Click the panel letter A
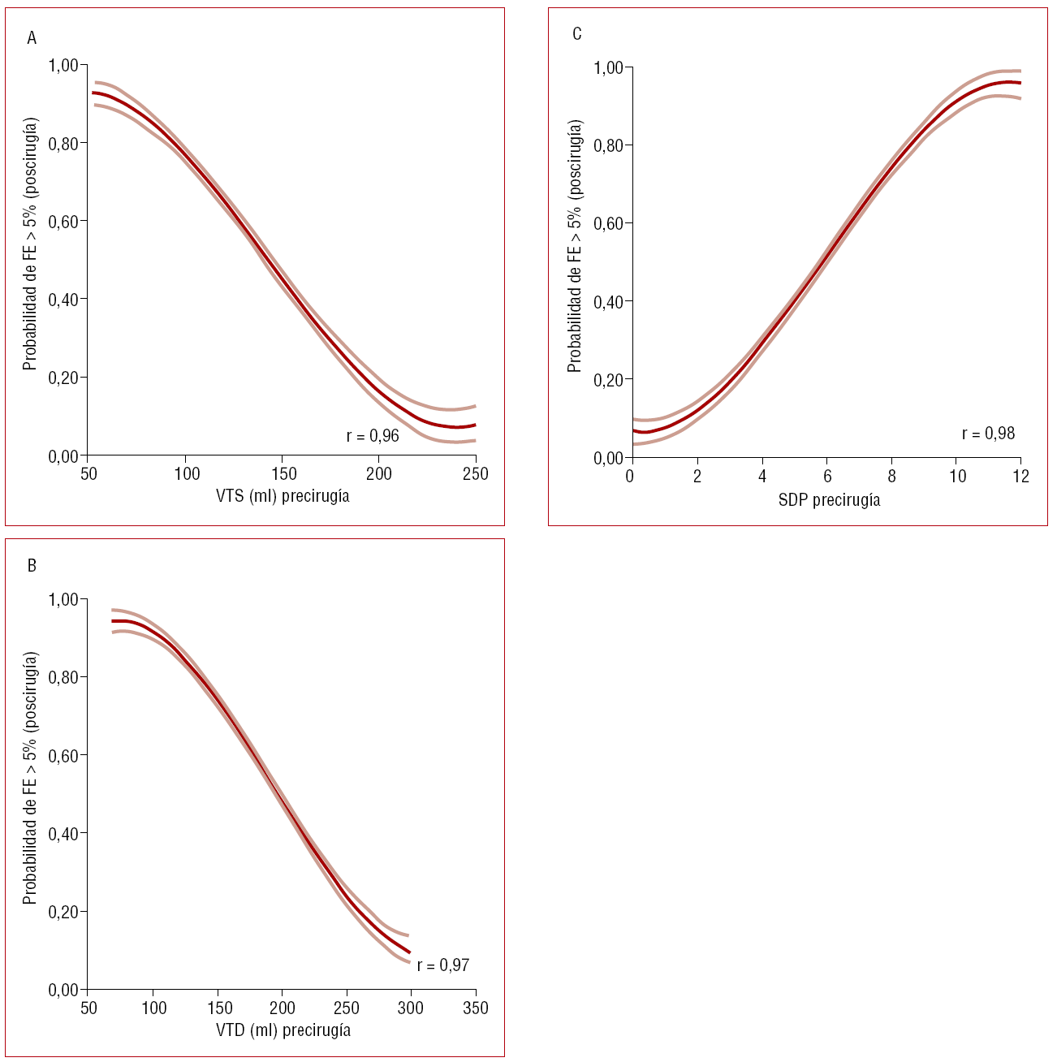point(32,38)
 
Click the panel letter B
point(32,566)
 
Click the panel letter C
point(577,34)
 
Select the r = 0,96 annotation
point(373,436)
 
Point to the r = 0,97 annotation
point(443,965)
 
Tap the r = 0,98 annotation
point(988,434)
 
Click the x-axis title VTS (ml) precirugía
point(283,496)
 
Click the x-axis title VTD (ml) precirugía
point(283,1030)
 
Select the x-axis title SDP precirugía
point(829,500)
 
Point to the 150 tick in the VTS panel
point(283,474)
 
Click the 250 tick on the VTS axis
point(476,474)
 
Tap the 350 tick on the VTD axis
point(476,1008)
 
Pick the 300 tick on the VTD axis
point(411,1008)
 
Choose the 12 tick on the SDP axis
point(1021,477)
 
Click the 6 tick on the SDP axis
point(827,477)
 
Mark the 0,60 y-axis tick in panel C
point(608,224)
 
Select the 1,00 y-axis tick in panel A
point(63,65)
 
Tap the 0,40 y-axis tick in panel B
point(63,834)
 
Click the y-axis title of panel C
point(575,246)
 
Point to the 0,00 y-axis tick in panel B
point(63,991)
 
